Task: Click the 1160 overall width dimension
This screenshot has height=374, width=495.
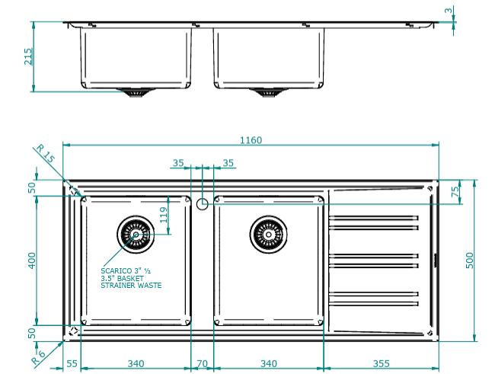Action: [x=251, y=139]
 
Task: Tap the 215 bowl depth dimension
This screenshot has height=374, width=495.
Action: [x=29, y=57]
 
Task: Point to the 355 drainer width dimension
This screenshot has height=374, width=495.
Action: [x=382, y=363]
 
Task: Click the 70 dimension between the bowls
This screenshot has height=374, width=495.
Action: [x=202, y=363]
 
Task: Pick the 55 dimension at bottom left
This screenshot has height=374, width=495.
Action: [x=72, y=363]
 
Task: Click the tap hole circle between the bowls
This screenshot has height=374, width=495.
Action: [x=202, y=203]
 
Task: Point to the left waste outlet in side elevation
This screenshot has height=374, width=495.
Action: [x=136, y=93]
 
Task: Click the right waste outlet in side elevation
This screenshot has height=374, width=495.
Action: [x=267, y=93]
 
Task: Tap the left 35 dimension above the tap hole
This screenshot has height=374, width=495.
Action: [x=178, y=163]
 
